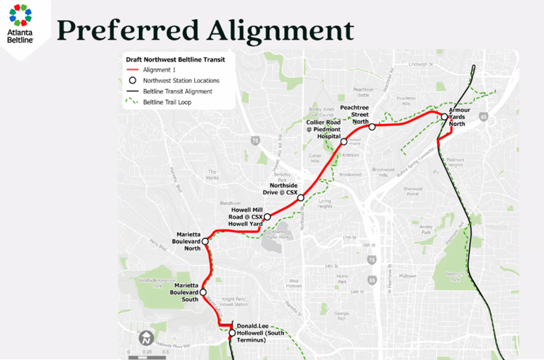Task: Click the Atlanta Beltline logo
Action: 21,24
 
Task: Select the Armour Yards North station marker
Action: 444,117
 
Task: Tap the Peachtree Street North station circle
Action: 372,127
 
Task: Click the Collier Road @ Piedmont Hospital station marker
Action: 344,142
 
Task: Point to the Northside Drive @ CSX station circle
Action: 300,198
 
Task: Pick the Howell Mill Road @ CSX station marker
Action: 267,217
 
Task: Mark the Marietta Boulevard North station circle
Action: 205,241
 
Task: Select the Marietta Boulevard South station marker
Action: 203,292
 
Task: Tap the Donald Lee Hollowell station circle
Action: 232,332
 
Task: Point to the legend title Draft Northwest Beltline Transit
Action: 176,60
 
